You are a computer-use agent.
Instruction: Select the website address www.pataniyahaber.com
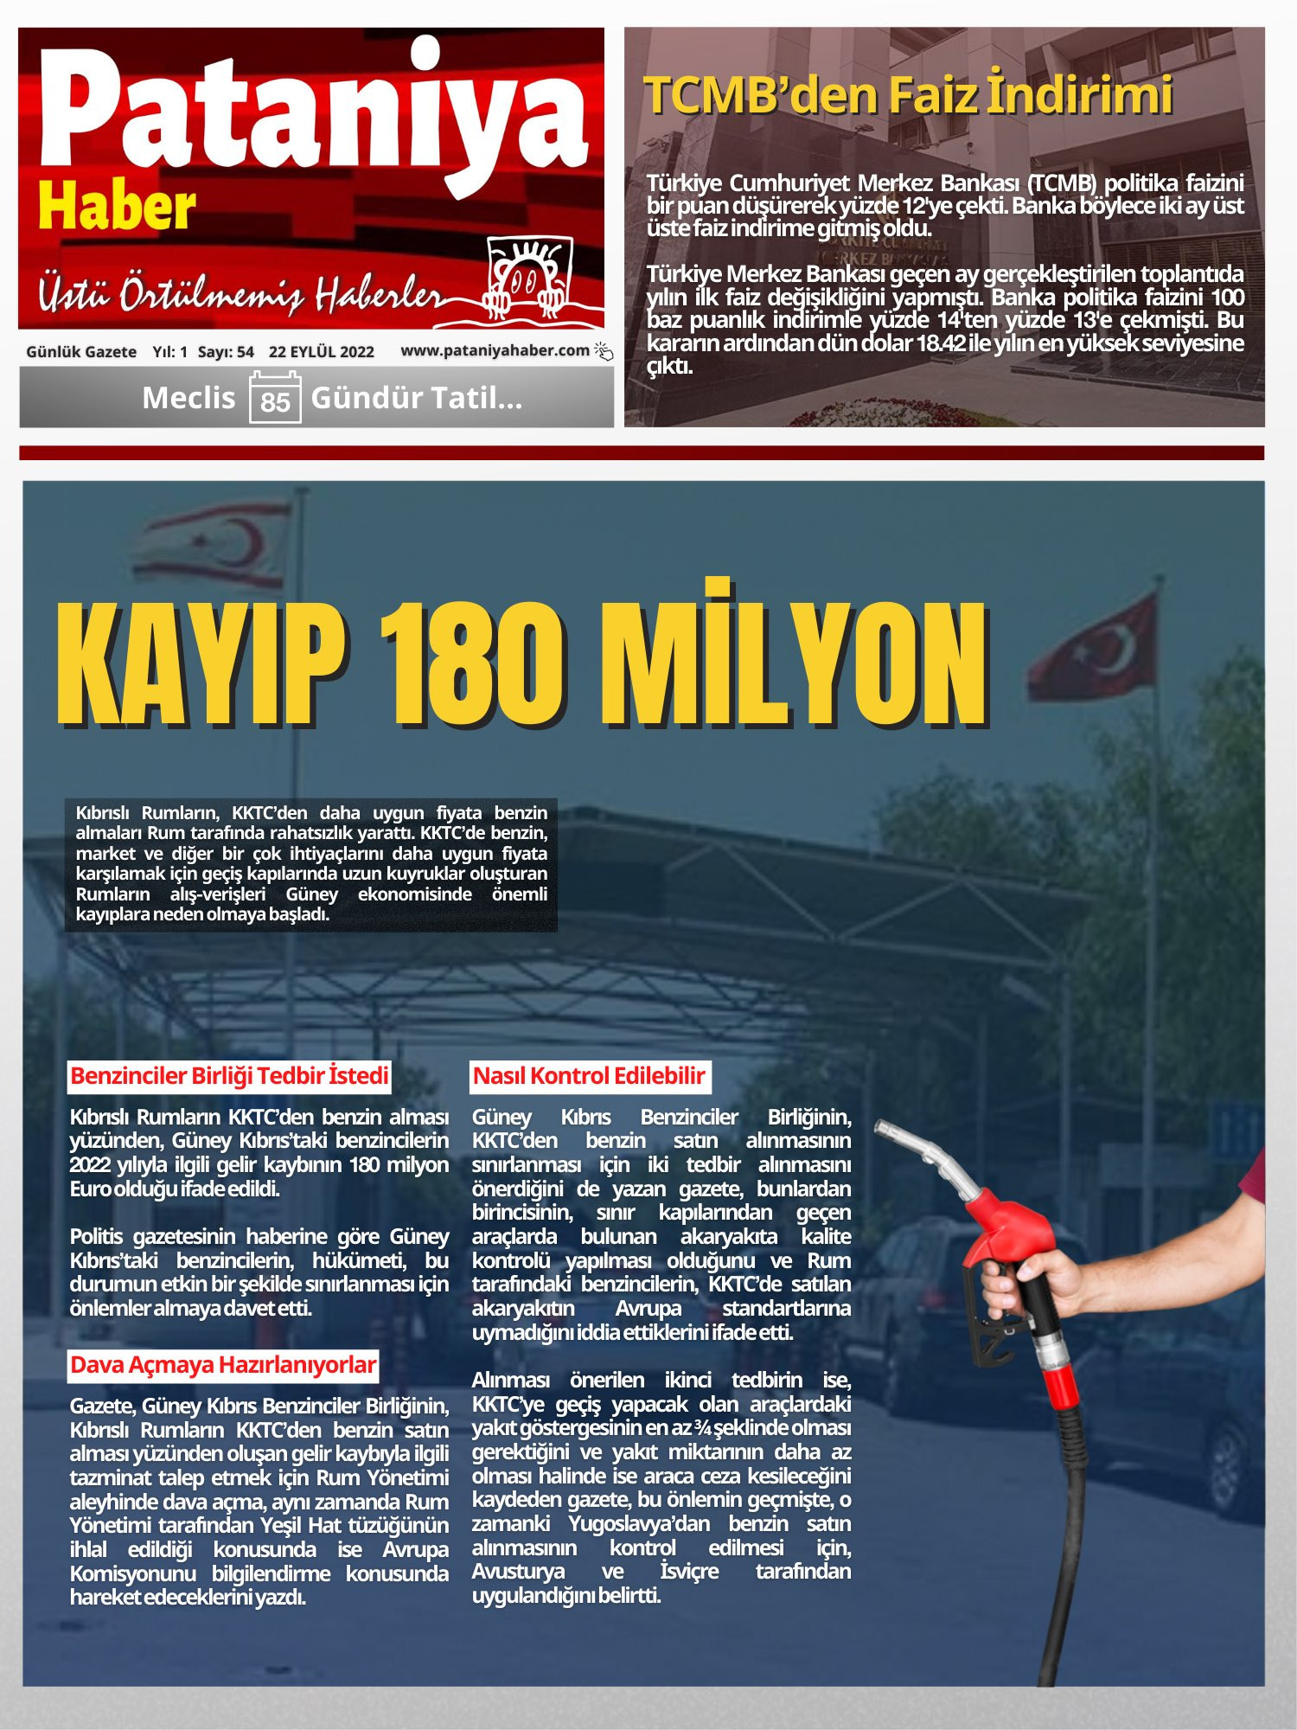tap(495, 350)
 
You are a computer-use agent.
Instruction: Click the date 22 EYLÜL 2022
tap(321, 352)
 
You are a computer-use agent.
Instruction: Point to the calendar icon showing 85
tap(275, 398)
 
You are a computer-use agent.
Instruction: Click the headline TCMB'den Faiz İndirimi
tap(908, 95)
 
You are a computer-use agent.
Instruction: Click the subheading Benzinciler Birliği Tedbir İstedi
tap(229, 1076)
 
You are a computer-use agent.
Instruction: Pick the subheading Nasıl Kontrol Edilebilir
tap(590, 1076)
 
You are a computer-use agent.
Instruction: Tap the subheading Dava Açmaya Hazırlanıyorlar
tap(223, 1365)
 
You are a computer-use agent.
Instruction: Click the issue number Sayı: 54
tap(226, 352)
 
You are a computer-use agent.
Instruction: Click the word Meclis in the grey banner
tap(188, 398)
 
